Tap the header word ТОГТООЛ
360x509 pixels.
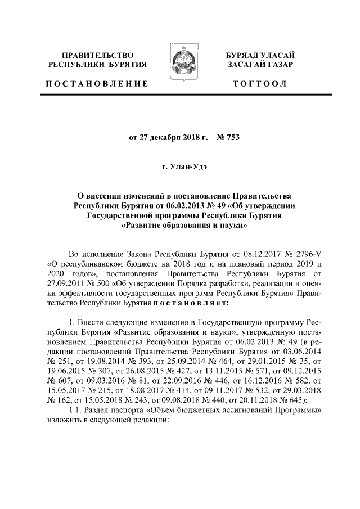[260, 84]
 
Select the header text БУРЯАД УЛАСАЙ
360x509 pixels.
[260, 56]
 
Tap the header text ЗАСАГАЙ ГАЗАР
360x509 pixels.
[260, 66]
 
